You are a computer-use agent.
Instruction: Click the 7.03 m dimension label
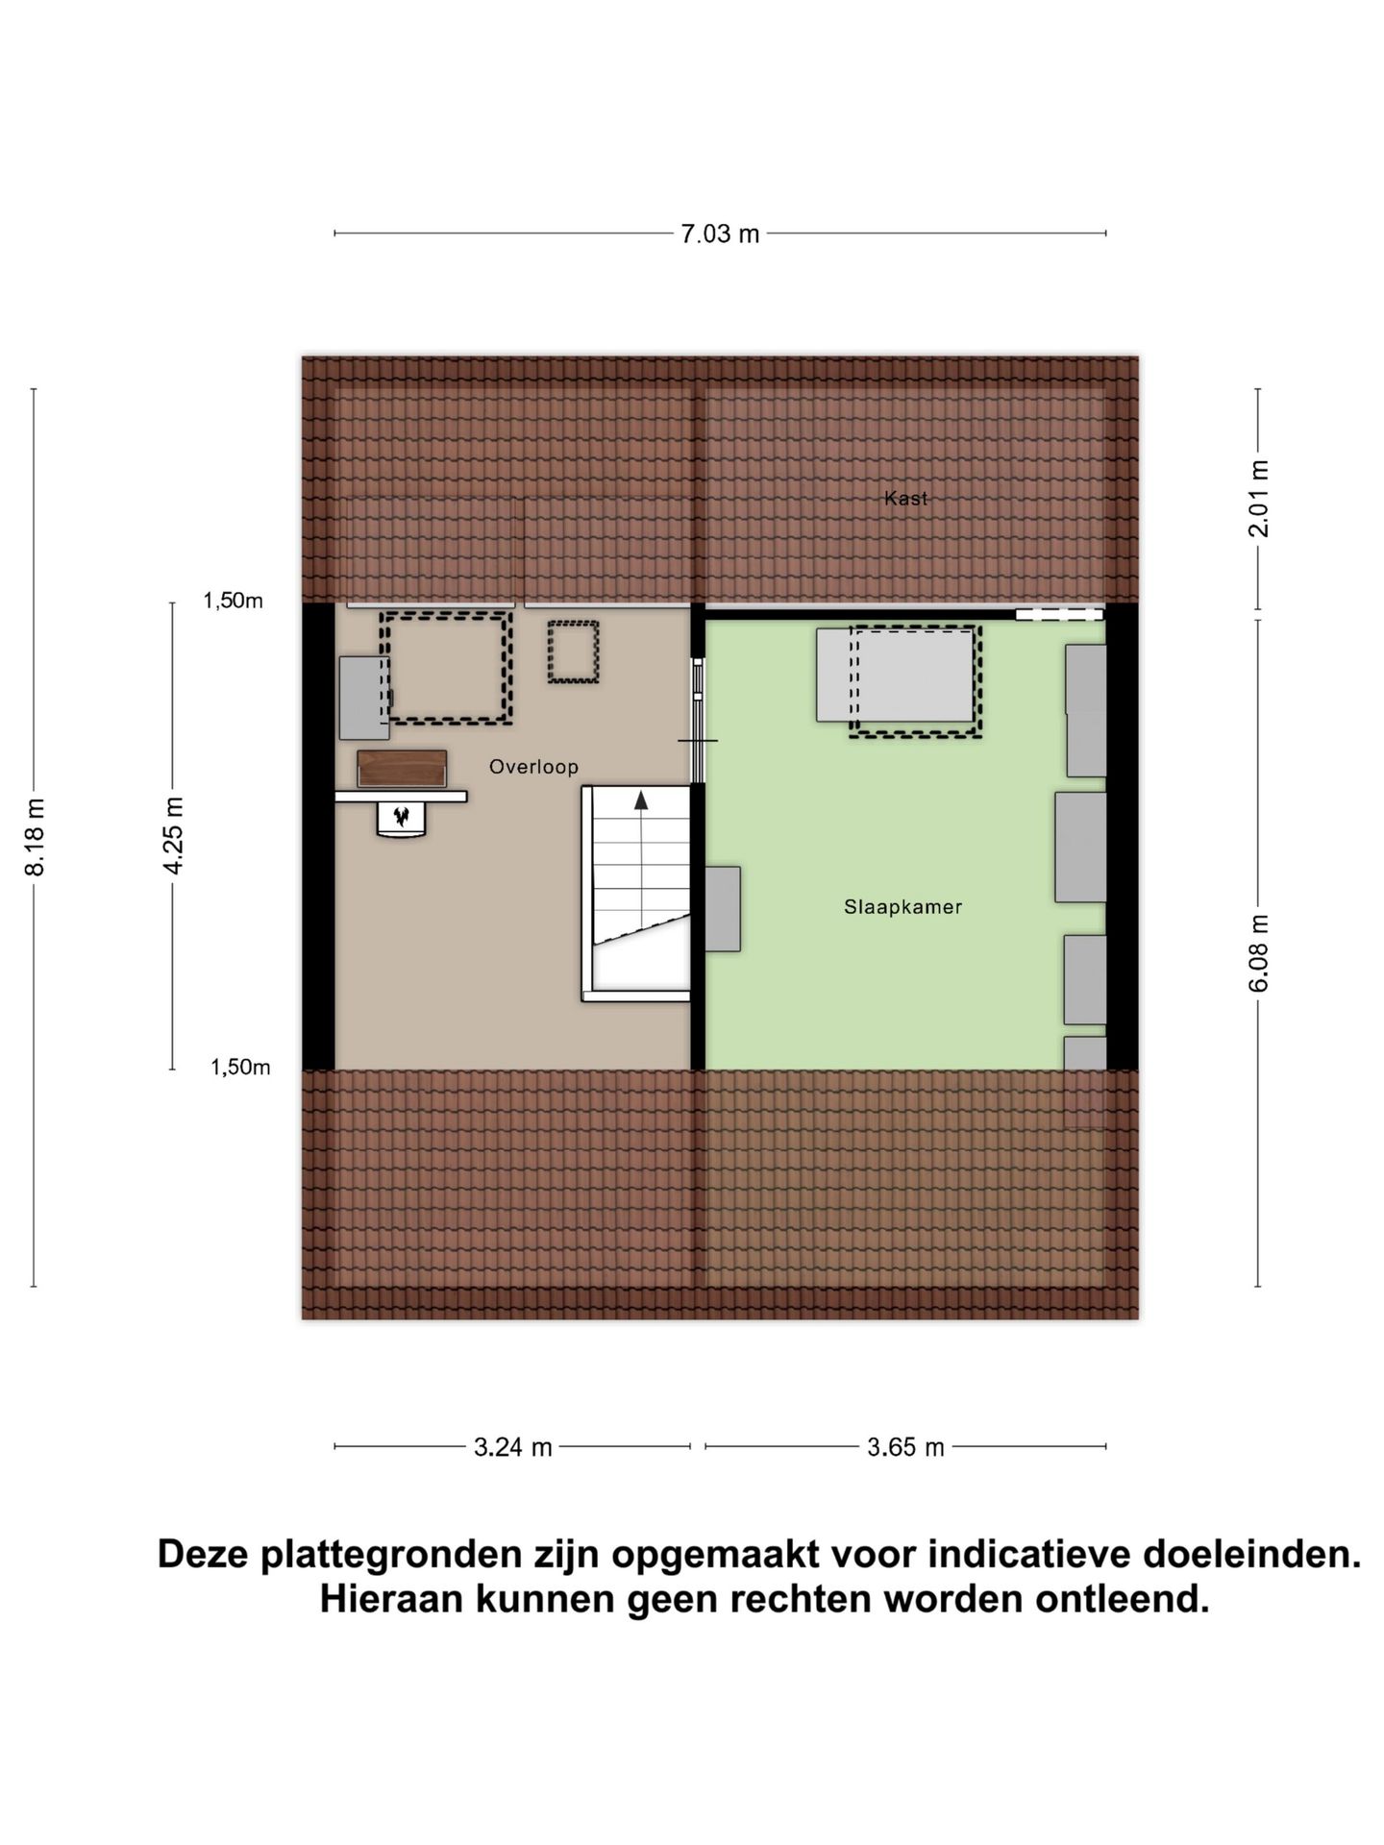pos(720,234)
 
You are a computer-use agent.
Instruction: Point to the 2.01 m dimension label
pos(1258,499)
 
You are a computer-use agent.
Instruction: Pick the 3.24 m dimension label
pos(512,1447)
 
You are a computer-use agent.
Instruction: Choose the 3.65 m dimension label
pos(905,1447)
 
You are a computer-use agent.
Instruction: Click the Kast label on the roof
pos(905,498)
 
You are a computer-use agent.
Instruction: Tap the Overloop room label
pos(533,767)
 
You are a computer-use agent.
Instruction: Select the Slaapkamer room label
pos(902,906)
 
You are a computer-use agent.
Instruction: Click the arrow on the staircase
pos(641,799)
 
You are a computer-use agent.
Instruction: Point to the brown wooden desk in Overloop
pos(402,769)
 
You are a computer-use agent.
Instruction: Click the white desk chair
pos(402,820)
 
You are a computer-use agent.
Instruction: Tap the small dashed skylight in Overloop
pos(573,652)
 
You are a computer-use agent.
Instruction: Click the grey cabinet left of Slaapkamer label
pos(723,909)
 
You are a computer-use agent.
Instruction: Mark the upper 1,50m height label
pos(233,602)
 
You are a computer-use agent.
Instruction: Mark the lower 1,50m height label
pos(240,1068)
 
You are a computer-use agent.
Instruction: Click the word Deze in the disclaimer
pos(203,1555)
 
